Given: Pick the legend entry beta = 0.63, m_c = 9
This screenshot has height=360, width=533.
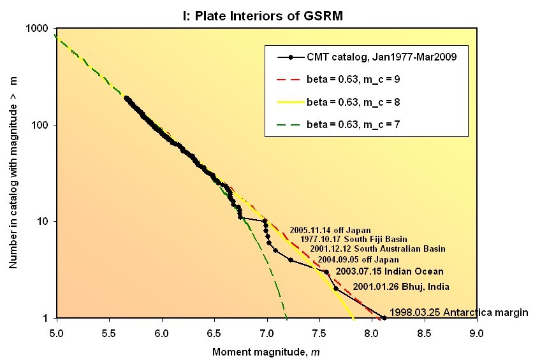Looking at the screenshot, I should click(358, 80).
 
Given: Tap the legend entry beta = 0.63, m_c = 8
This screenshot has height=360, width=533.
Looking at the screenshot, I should click(358, 101).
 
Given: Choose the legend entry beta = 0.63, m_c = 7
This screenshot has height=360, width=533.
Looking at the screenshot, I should click(358, 124).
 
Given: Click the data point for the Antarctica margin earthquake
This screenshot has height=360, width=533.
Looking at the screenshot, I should click(384, 317).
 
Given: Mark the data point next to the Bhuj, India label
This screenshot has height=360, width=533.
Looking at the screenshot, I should click(336, 289).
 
